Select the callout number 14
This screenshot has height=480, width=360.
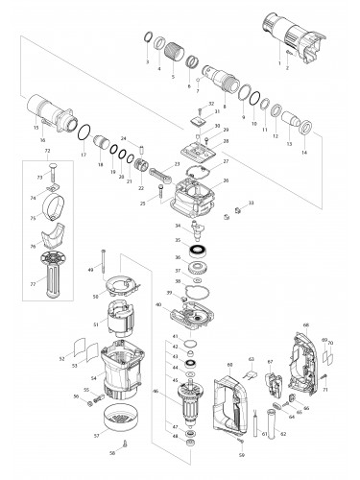(x=304, y=153)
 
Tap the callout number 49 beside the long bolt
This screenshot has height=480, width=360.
(x=90, y=271)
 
